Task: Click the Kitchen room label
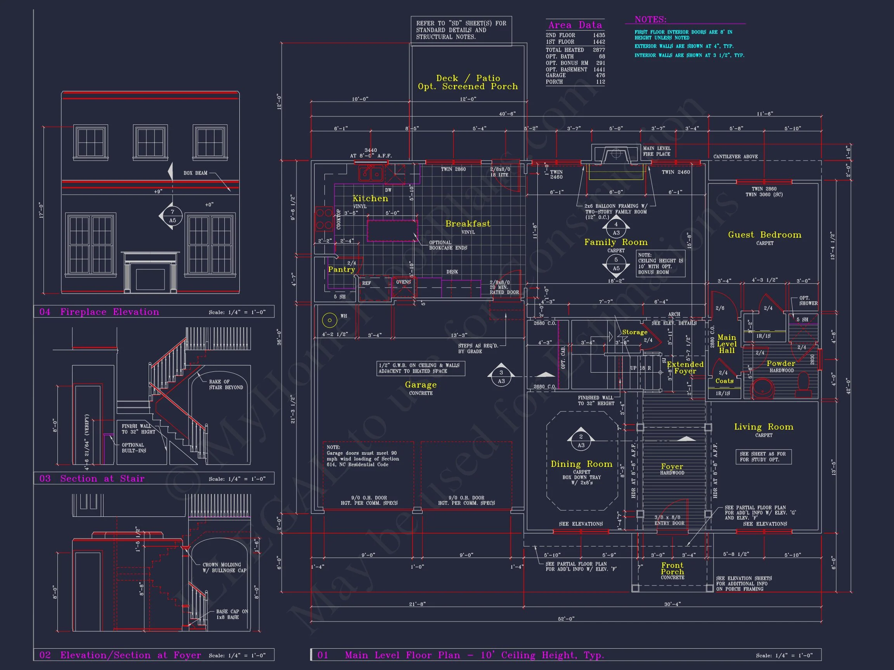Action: point(370,198)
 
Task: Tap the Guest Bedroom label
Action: point(764,235)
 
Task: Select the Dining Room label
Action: point(581,464)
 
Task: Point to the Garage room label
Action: point(420,385)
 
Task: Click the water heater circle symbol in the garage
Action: point(329,320)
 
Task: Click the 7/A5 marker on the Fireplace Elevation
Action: point(173,216)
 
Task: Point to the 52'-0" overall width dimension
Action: point(566,619)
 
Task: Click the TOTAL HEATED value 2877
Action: point(599,50)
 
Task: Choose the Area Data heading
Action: point(575,25)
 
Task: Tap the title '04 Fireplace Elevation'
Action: point(99,312)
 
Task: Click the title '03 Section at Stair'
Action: point(92,478)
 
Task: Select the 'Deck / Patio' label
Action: point(468,78)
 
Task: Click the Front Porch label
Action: point(672,568)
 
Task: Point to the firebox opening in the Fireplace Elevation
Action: point(150,280)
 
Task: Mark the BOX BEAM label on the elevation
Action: point(195,173)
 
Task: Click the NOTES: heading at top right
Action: point(650,19)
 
